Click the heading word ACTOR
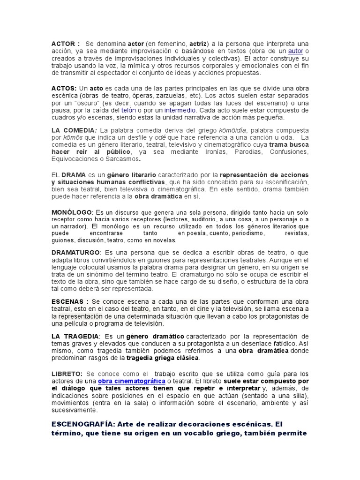(62, 44)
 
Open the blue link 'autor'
(295, 51)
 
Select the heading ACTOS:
(64, 89)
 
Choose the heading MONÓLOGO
(72, 212)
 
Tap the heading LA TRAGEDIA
(75, 336)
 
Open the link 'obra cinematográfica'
(132, 381)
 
